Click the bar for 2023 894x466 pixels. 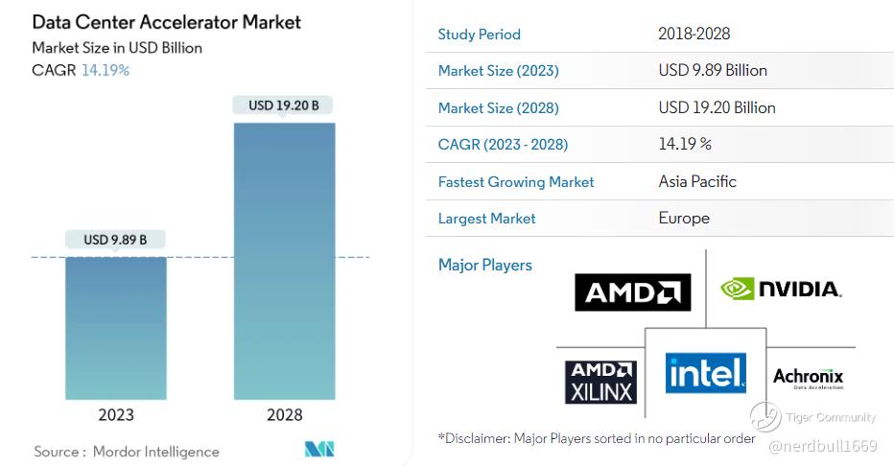(115, 327)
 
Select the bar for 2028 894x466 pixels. (284, 260)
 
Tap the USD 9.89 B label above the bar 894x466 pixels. (115, 240)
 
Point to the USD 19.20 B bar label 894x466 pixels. (284, 105)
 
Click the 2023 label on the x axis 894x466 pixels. (115, 415)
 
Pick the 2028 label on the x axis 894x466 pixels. (284, 415)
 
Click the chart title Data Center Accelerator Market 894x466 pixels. (167, 21)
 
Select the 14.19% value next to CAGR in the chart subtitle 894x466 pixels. (106, 70)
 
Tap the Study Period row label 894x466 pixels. (479, 35)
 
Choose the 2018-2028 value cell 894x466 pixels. (694, 35)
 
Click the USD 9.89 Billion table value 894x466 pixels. (713, 71)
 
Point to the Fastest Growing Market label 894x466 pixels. (515, 182)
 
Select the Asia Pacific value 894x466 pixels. (697, 182)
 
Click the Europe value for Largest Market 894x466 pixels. (684, 219)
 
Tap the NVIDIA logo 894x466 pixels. (781, 289)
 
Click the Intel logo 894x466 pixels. (705, 372)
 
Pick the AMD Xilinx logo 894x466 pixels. (600, 381)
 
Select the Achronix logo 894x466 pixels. (808, 378)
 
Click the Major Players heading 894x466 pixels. (484, 266)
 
